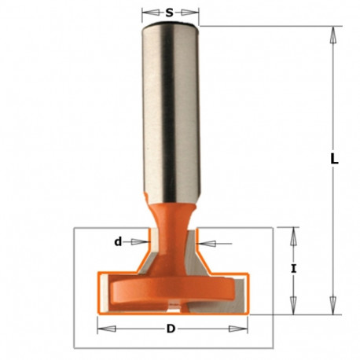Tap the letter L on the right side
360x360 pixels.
[x=334, y=158]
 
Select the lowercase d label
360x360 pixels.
[x=118, y=242]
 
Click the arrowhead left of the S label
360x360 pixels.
[x=147, y=13]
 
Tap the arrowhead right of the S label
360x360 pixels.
[x=194, y=13]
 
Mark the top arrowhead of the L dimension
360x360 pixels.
[x=333, y=34]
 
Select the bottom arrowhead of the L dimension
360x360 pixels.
[x=333, y=301]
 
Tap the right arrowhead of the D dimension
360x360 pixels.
[x=241, y=328]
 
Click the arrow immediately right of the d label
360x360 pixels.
[x=141, y=242]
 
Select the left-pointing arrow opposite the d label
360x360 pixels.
[x=206, y=243]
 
